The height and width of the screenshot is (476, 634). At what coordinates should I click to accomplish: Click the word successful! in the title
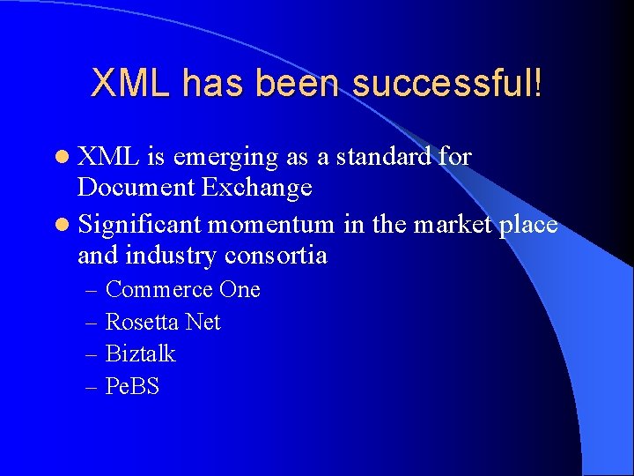(x=447, y=84)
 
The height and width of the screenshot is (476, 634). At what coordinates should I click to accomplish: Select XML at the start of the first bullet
(x=109, y=157)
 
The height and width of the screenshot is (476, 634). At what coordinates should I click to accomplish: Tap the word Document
(x=134, y=188)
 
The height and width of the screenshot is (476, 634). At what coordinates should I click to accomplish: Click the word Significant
(x=141, y=225)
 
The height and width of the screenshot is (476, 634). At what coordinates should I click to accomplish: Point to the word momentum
(x=271, y=225)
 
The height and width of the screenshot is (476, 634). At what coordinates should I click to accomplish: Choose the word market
(x=453, y=225)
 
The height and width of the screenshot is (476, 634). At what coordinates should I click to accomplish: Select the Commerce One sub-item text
(x=182, y=290)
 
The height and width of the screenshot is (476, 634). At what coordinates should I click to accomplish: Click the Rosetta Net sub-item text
(x=163, y=323)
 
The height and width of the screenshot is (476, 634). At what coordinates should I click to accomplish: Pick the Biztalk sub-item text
(x=140, y=354)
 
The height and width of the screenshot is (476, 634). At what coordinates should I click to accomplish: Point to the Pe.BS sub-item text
(x=132, y=386)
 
